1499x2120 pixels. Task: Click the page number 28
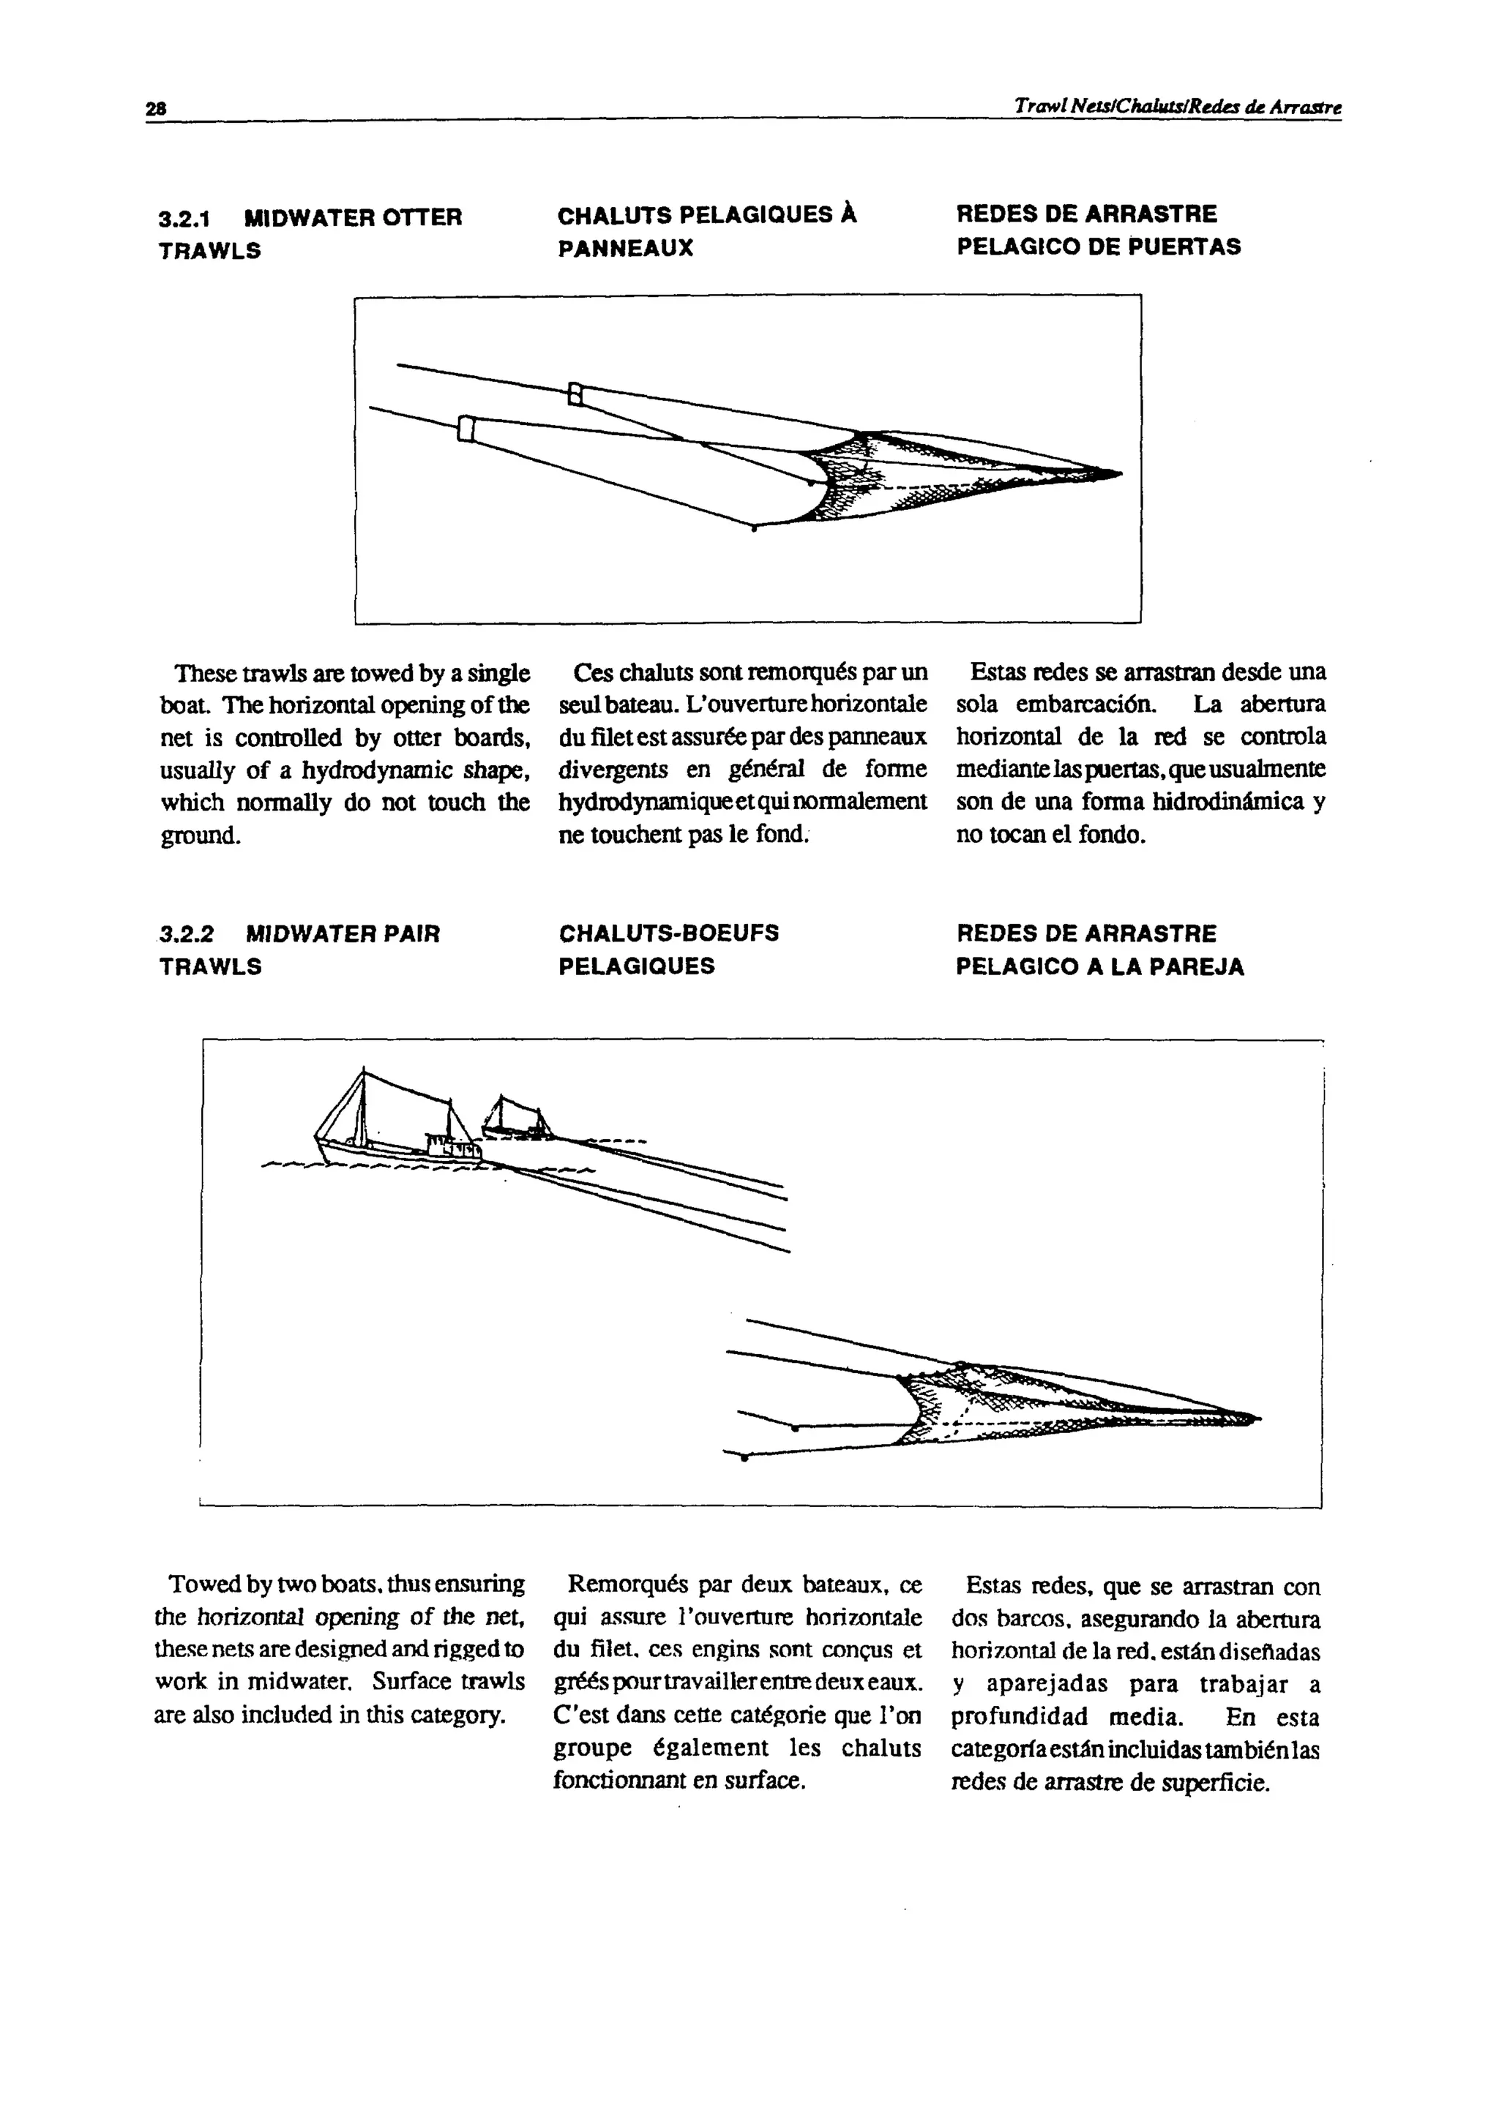[x=154, y=108]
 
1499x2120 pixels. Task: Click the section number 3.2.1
[x=184, y=219]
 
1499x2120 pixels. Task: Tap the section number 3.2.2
[x=187, y=934]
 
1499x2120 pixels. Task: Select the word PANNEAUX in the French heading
[x=625, y=249]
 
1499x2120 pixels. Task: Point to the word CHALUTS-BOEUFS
[x=669, y=933]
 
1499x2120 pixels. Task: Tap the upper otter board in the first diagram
[x=575, y=394]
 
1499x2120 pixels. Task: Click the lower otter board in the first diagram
[x=466, y=429]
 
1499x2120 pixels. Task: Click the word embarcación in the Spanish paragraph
[x=1086, y=704]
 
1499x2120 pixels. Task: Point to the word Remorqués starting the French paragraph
[x=624, y=1585]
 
